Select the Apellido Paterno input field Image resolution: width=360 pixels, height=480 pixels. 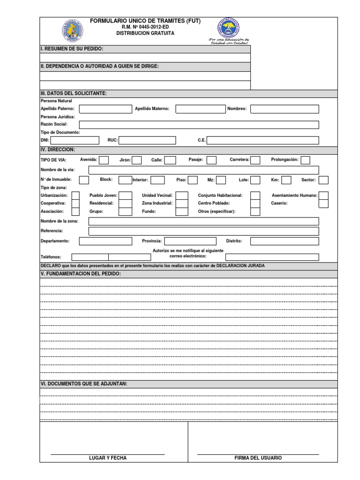106,109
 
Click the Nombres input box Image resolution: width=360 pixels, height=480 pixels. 285,109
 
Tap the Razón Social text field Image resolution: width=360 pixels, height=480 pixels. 199,125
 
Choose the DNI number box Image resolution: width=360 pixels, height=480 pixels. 75,140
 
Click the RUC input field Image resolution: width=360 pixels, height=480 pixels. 147,140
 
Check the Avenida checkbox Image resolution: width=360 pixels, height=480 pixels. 104,160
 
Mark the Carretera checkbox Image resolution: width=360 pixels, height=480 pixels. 255,160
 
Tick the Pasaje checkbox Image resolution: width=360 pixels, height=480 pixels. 211,160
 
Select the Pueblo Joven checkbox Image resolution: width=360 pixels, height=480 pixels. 125,195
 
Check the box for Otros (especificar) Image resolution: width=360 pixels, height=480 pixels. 255,211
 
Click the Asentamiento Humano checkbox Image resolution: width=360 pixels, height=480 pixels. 323,195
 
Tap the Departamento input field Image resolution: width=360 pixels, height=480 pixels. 105,241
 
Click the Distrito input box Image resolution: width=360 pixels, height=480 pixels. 285,241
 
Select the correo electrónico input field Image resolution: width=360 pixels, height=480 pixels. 272,257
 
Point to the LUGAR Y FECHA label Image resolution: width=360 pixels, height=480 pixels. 108,458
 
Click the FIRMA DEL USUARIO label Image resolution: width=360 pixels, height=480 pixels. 258,458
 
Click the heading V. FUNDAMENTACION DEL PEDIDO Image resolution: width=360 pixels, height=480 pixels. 81,273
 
